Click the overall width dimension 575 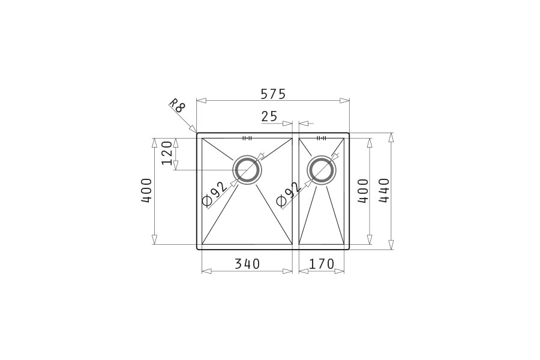coord(273,94)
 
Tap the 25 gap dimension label coord(269,116)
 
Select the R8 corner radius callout coord(177,106)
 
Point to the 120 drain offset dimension coord(167,152)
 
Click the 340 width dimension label coord(247,264)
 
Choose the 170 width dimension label coord(322,264)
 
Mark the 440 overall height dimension coord(385,190)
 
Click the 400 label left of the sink coord(146,190)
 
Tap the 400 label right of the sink coord(363,191)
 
